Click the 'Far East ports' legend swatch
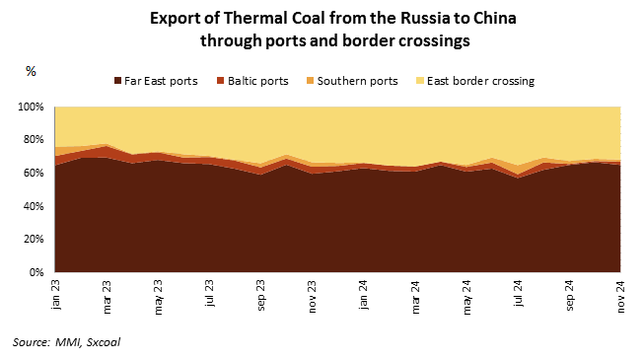coord(117,81)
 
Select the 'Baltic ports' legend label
coord(258,81)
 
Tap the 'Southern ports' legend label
coord(357,81)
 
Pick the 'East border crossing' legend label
coord(480,81)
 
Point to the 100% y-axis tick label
coord(31,107)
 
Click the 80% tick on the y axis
coord(34,140)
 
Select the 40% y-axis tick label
coord(34,206)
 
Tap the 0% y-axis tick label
coord(36,272)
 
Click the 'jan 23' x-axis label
coord(55,295)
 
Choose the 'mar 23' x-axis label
coord(107,297)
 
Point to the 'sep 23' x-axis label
coord(261,296)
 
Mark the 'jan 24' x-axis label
coord(364,295)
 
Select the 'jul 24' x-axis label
coord(519,294)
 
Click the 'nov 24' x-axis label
coord(621,296)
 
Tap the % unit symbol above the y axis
coord(31,71)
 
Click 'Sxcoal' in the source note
coord(103,342)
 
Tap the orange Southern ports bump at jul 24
coord(519,170)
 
